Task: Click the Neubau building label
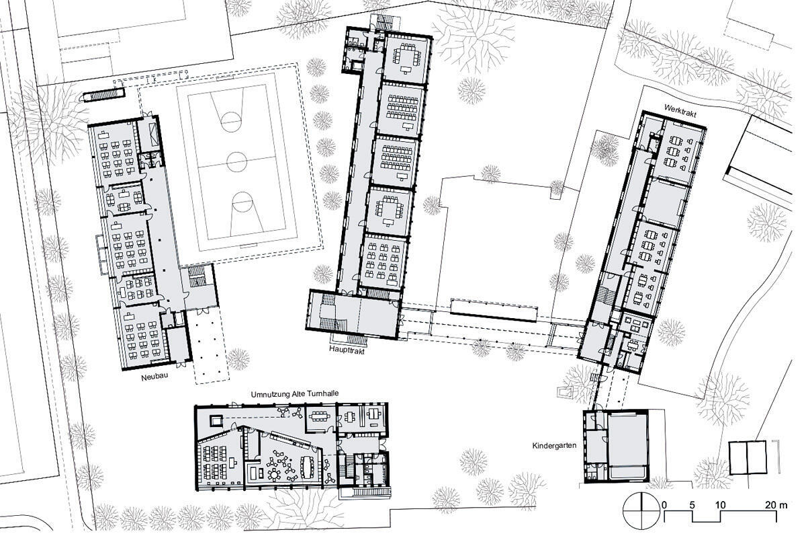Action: point(154,377)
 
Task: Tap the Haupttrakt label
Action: point(347,350)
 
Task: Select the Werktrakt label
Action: point(680,110)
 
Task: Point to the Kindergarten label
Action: point(554,446)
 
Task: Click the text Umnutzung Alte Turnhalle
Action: point(295,394)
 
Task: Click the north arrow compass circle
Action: point(641,512)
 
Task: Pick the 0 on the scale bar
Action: point(664,505)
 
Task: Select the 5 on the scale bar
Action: point(692,505)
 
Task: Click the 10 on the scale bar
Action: point(720,505)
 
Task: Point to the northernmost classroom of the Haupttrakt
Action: point(406,59)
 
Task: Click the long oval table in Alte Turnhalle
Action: point(308,467)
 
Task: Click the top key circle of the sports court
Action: point(230,122)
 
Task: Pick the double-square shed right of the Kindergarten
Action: point(748,463)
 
